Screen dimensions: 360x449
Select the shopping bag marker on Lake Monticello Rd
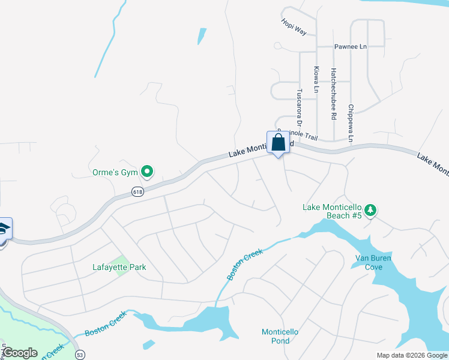click(278, 143)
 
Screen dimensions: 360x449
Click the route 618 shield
click(137, 191)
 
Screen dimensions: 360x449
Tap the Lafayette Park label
click(119, 267)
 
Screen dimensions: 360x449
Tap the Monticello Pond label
click(280, 336)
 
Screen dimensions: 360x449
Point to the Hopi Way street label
click(294, 26)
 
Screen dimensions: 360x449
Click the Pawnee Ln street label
click(351, 46)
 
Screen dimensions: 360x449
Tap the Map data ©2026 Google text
click(412, 355)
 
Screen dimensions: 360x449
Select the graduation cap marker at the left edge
click(3, 230)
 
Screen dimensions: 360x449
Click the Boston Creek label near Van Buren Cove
click(246, 264)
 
